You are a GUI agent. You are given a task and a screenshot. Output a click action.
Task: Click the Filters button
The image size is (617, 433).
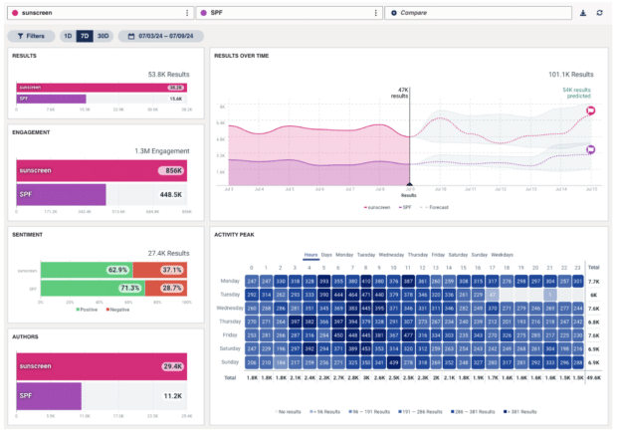click(x=31, y=36)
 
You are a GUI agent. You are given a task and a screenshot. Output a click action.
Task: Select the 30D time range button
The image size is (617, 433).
click(x=103, y=36)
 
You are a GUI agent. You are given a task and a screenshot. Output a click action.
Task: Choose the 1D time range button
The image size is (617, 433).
click(x=68, y=36)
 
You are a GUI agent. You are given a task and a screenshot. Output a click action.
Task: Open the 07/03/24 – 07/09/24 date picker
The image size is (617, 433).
click(x=160, y=36)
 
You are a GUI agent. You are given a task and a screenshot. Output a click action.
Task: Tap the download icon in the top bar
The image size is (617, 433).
click(x=583, y=13)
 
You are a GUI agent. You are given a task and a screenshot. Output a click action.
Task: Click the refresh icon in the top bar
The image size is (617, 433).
click(x=599, y=13)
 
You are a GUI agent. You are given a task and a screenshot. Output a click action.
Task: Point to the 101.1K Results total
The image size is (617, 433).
click(x=570, y=74)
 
